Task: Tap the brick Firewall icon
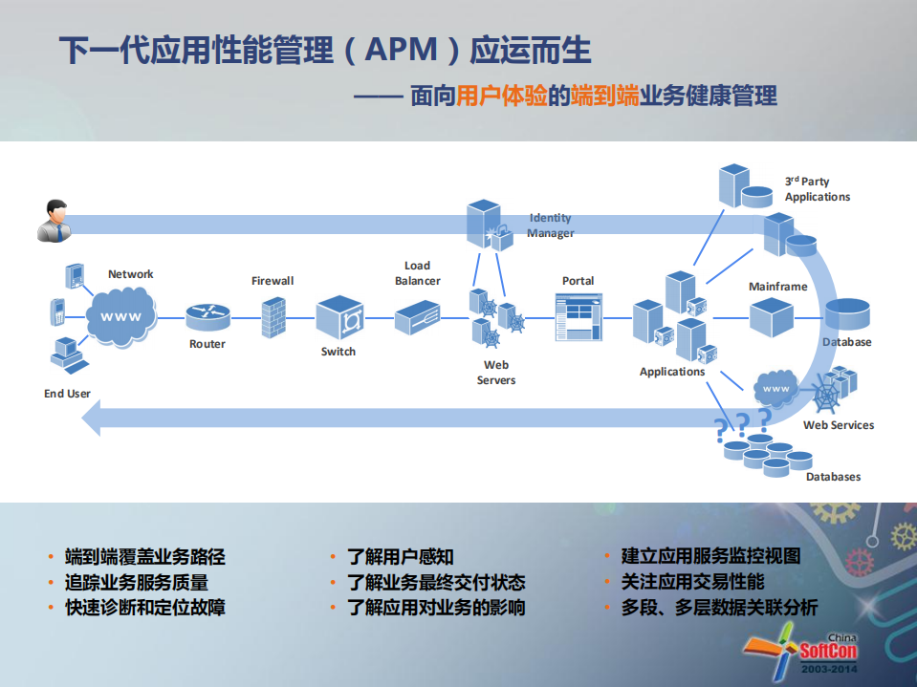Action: [x=273, y=314]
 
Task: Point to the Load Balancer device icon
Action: [x=417, y=313]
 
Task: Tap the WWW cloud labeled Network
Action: [x=121, y=315]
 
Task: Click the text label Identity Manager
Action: [x=551, y=225]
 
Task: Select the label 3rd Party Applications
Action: [x=817, y=189]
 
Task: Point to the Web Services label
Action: [x=838, y=425]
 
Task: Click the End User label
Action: [x=67, y=394]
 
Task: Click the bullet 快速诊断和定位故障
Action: [x=144, y=608]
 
